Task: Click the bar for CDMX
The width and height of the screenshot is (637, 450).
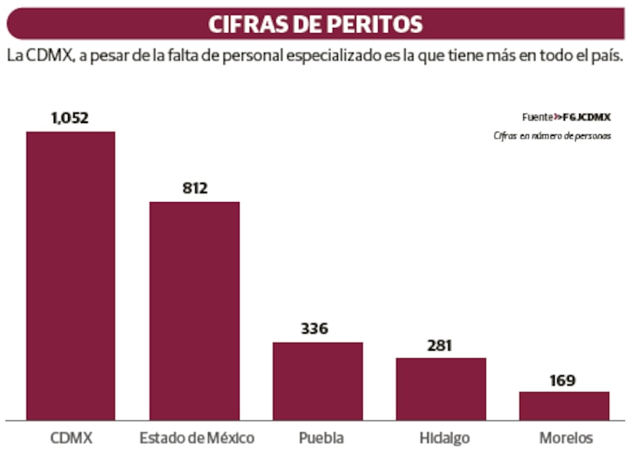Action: pyautogui.click(x=70, y=275)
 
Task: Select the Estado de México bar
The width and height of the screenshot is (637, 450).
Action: pyautogui.click(x=194, y=310)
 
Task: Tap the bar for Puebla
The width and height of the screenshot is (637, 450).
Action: pyautogui.click(x=318, y=380)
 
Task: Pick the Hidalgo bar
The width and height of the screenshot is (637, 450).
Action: pyautogui.click(x=441, y=388)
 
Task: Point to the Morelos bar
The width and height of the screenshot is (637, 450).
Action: pyautogui.click(x=564, y=405)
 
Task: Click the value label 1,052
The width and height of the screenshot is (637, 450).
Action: pyautogui.click(x=70, y=118)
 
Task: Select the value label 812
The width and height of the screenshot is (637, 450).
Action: pyautogui.click(x=194, y=188)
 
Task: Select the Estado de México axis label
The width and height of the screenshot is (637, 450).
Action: pyautogui.click(x=196, y=438)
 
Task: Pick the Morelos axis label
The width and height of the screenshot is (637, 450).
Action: pyautogui.click(x=566, y=438)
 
